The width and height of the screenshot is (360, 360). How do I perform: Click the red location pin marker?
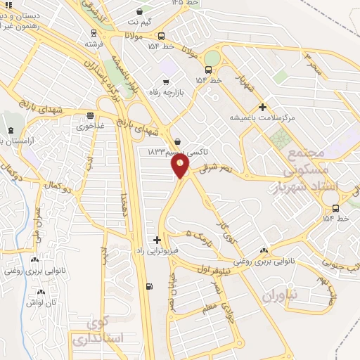click(x=181, y=167)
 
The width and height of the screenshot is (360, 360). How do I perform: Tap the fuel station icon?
click(x=148, y=286)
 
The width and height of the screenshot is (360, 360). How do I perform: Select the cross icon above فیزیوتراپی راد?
click(x=157, y=240)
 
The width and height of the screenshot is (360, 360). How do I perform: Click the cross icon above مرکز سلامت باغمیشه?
click(x=263, y=108)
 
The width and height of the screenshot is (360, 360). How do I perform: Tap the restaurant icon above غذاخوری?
click(x=90, y=117)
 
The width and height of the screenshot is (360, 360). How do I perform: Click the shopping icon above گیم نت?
click(x=141, y=12)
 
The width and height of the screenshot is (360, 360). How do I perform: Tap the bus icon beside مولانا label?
click(x=161, y=36)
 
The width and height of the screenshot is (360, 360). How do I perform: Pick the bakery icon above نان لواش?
click(x=41, y=291)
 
